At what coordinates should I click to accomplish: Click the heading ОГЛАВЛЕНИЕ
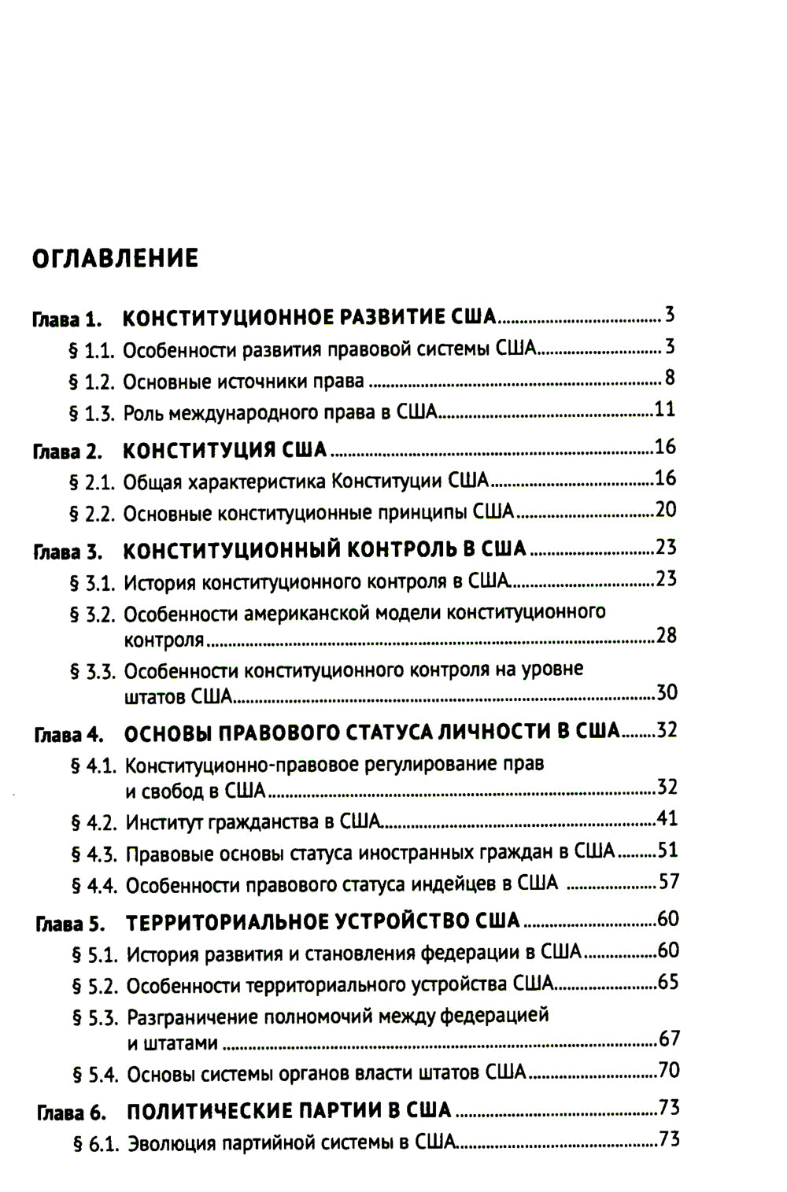tap(115, 257)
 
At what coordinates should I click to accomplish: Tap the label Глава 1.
tap(68, 320)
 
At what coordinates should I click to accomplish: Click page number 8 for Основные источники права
tap(670, 378)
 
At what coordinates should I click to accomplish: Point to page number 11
tap(665, 409)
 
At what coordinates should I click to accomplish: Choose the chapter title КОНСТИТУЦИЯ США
tap(225, 450)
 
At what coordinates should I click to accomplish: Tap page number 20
tap(665, 510)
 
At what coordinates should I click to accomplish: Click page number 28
tap(666, 636)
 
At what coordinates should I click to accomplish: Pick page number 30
tap(667, 693)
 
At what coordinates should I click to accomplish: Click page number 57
tap(668, 881)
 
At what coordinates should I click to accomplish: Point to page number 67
tap(669, 1039)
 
